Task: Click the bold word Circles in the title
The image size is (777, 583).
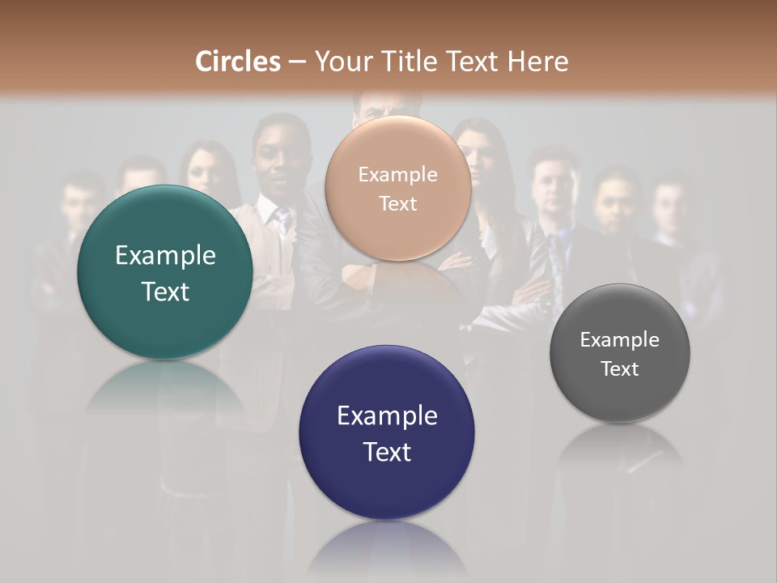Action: [238, 62]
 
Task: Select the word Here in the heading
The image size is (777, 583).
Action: [537, 62]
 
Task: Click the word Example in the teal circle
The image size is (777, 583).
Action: [165, 256]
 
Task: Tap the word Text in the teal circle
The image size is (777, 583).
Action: [165, 291]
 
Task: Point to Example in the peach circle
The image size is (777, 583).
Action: [397, 175]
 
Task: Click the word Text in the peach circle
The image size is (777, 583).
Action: [397, 203]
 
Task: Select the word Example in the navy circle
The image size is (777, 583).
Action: [387, 416]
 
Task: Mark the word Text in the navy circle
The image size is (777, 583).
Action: [387, 452]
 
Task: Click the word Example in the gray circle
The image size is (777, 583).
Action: [620, 340]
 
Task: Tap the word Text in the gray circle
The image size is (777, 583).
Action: [620, 368]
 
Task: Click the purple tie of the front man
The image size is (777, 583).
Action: [282, 219]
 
